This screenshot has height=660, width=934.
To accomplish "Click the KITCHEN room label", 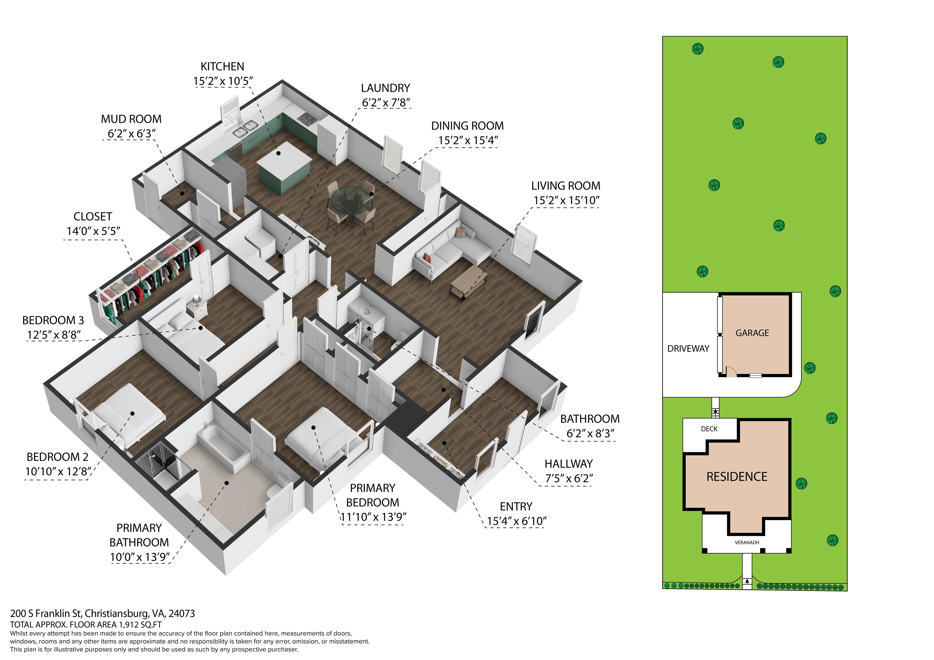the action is coord(222,66).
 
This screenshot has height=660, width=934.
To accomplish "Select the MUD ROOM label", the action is coord(131,119).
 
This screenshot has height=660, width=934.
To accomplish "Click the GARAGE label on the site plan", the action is coord(752,333).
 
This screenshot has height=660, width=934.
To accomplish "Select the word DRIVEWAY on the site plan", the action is coord(688,349).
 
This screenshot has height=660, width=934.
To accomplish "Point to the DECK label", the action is coord(709,429).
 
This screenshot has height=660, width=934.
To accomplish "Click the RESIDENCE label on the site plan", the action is coord(737,476).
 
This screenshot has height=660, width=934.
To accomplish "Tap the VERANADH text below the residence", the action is coord(747,542).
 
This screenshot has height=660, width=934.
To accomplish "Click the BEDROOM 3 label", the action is coord(53,321).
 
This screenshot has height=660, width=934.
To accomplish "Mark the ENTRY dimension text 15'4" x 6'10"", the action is coord(517,521).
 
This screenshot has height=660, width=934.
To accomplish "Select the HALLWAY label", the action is coord(569,464).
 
